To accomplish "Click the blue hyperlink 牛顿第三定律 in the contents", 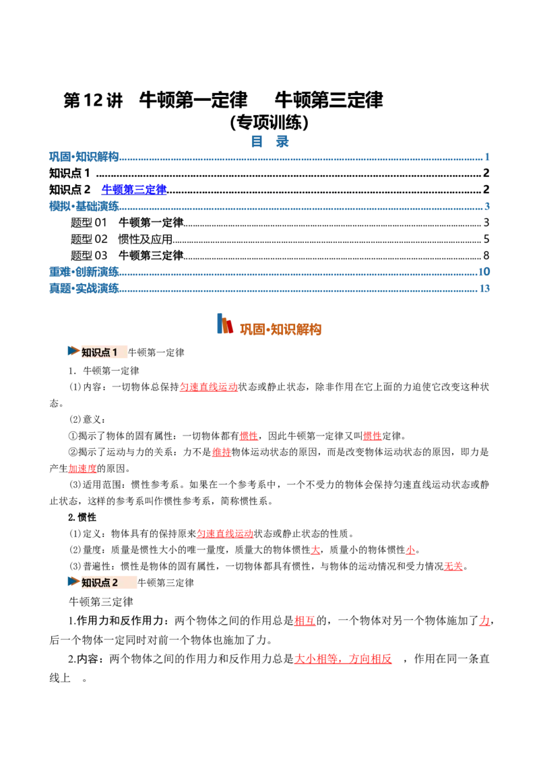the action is pos(134,190).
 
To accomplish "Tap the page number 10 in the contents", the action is pos(484,272).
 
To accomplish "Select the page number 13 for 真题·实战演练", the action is pos(484,288).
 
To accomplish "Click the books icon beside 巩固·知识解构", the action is pos(225,324).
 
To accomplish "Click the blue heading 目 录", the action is pos(269,141).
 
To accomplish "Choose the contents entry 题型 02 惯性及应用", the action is pos(122,239).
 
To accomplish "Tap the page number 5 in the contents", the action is pos(486,239).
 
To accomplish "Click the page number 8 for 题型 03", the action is pos(486,256).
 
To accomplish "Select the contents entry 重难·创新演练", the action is pos(84,272).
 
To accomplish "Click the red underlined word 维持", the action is pos(222,452).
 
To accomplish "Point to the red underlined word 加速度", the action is pos(82,469).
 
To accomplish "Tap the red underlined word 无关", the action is pos(453,566).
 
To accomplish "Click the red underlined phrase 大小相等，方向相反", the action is pos(343,659).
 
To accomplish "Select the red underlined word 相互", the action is pos(305,621).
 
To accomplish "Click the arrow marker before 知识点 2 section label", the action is pos(73,581).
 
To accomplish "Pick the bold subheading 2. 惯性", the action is pos(82,517).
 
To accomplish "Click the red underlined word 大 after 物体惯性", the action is pos(315,550).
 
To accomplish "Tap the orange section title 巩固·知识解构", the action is pos(281,329).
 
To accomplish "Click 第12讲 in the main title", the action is pos(93,100).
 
